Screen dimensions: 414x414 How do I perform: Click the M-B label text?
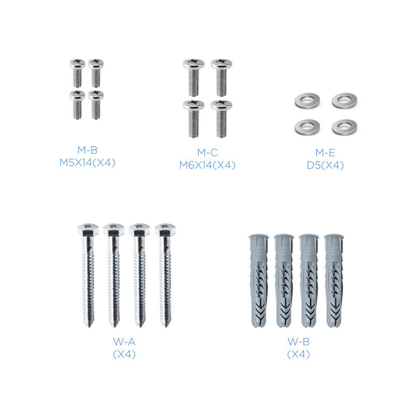(87, 150)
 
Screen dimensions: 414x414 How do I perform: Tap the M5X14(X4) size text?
(87, 162)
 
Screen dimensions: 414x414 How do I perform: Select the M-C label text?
(208, 152)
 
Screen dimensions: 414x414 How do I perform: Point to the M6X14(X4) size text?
(208, 165)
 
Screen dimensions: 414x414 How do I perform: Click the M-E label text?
(326, 153)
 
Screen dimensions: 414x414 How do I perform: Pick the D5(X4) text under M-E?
(326, 165)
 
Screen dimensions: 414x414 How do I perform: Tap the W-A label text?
(124, 342)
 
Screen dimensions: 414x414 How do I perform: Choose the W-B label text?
(299, 342)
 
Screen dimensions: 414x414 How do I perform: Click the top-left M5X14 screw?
(77, 73)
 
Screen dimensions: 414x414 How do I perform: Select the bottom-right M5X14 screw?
(96, 105)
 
